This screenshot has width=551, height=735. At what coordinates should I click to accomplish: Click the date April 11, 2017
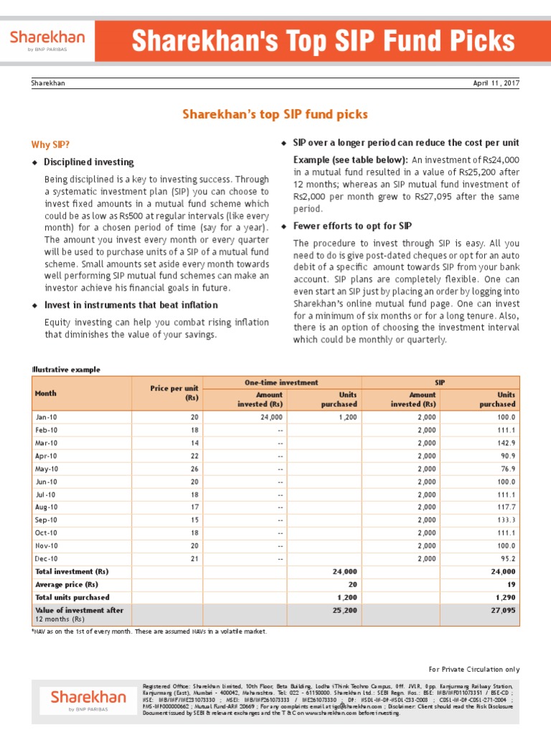coord(496,83)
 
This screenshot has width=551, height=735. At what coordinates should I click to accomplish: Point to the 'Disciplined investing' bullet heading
coord(89,162)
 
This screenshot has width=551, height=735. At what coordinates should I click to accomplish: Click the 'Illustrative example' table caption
coord(66,370)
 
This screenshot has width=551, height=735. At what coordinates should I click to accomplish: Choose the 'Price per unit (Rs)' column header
coord(174,393)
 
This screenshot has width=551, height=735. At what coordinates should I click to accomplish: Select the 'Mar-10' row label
coord(46,443)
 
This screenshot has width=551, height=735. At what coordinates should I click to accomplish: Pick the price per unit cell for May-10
coord(193,469)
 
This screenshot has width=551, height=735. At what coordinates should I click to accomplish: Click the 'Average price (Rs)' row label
coord(67,584)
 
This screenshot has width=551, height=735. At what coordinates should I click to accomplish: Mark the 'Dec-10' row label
coord(46,558)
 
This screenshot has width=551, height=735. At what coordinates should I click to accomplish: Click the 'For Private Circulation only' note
coord(474,669)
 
